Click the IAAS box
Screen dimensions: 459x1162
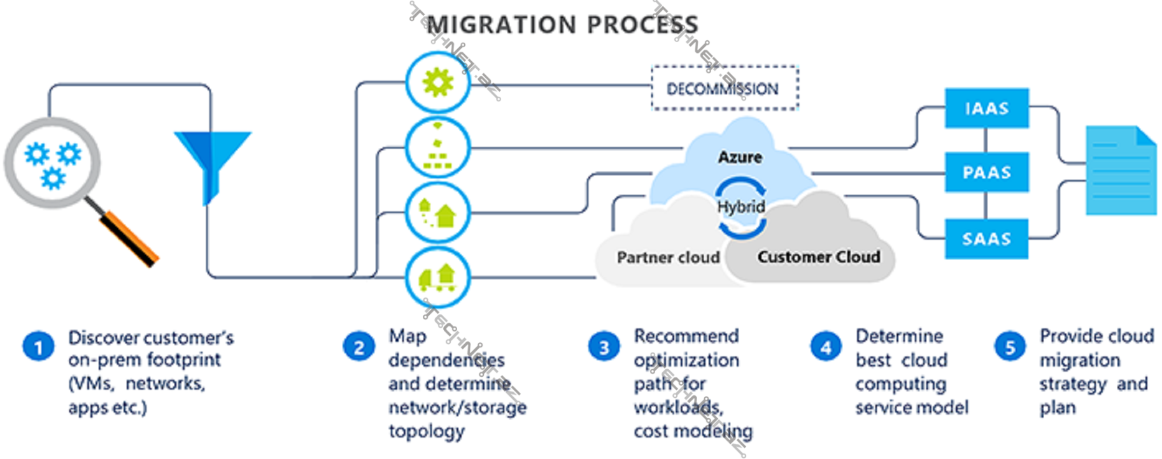(x=986, y=108)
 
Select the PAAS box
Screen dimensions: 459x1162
(x=986, y=172)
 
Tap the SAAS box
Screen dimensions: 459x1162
(x=986, y=239)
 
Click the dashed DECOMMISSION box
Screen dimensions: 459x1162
(x=724, y=89)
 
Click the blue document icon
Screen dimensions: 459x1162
(x=1121, y=171)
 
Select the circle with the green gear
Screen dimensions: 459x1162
(x=438, y=83)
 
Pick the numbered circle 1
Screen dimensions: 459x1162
(x=38, y=347)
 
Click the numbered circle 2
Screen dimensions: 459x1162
(x=358, y=347)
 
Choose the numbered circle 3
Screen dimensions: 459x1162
(x=604, y=347)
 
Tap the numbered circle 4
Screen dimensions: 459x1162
(x=825, y=347)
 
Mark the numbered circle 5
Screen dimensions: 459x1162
(x=1010, y=347)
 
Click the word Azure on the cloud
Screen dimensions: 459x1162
(x=740, y=157)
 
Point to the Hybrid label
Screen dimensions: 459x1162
(x=740, y=207)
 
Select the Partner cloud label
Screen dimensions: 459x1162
(x=668, y=258)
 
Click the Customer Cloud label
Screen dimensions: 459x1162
(x=819, y=257)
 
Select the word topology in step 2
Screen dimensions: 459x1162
(x=427, y=432)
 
